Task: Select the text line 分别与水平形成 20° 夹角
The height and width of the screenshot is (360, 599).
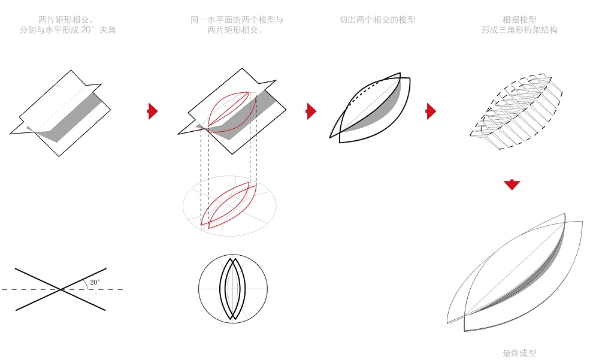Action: (x=67, y=30)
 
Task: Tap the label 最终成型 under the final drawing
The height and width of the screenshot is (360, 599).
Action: (x=519, y=353)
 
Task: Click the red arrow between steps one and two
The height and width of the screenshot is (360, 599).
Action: (x=153, y=111)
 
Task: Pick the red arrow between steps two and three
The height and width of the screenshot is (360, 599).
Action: (x=311, y=111)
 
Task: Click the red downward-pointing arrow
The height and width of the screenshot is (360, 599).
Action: (x=512, y=184)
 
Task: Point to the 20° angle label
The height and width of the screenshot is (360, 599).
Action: (x=95, y=282)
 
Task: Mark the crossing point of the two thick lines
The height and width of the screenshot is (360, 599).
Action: (x=60, y=289)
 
